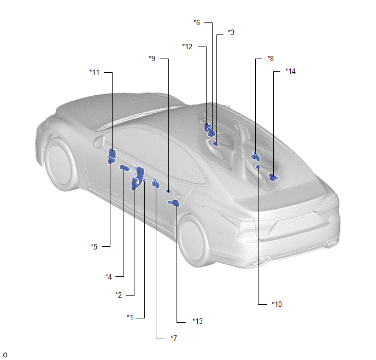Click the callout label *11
click(x=94, y=72)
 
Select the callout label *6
click(x=197, y=22)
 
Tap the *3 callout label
click(x=231, y=32)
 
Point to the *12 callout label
click(x=187, y=47)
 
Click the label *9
click(x=152, y=59)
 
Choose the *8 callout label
click(x=271, y=59)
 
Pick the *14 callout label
click(x=290, y=71)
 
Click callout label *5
click(x=94, y=247)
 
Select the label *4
click(x=109, y=277)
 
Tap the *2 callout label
click(x=119, y=295)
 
